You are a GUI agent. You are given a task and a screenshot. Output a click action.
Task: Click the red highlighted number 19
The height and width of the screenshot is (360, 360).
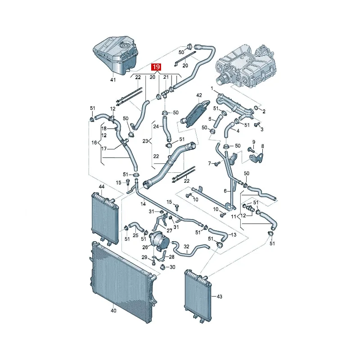click(156, 67)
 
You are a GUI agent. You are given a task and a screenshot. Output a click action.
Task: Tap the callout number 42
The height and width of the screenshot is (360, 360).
click(199, 95)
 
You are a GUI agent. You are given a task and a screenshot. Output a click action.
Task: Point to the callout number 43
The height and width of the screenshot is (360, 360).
click(219, 297)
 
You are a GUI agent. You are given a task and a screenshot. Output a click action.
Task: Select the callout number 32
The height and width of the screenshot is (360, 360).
click(186, 247)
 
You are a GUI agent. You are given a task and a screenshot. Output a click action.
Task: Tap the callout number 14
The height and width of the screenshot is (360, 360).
click(143, 204)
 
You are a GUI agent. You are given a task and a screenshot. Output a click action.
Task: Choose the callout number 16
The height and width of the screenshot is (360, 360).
click(94, 143)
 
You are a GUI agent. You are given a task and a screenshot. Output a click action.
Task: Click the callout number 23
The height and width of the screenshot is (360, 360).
click(145, 141)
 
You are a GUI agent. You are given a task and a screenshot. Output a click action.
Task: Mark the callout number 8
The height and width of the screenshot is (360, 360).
click(263, 146)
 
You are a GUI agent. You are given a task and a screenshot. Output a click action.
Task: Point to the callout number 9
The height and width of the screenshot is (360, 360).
click(254, 142)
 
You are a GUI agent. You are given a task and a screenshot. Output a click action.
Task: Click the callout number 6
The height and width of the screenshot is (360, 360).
click(225, 191)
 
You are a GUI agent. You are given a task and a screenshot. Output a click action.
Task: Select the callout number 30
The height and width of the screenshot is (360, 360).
click(172, 267)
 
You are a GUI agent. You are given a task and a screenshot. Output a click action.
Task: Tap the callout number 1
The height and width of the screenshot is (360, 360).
click(212, 88)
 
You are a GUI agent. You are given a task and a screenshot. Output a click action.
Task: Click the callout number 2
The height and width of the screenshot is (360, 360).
click(264, 111)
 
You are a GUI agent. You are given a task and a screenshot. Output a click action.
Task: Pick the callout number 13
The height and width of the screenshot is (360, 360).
click(233, 234)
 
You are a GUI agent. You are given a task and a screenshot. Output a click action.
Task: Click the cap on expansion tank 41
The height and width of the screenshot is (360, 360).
click(125, 45)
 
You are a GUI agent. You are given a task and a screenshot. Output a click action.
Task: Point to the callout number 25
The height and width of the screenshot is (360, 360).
click(135, 235)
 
